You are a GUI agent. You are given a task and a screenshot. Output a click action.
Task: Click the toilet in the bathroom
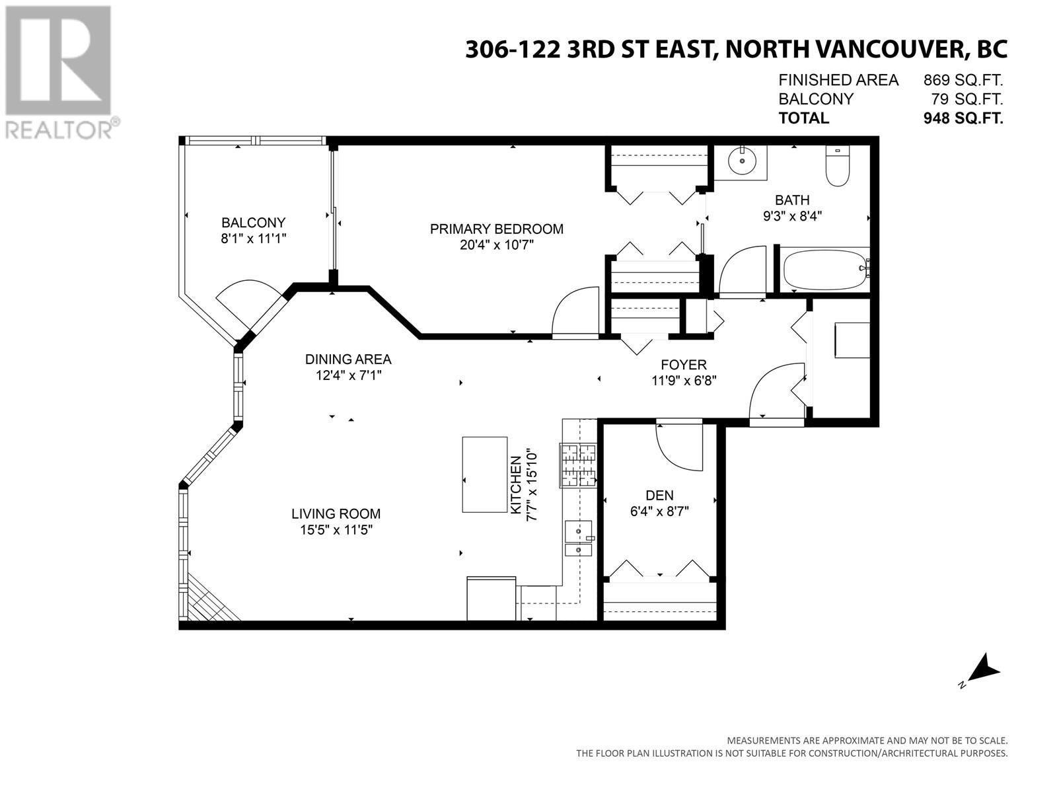838,166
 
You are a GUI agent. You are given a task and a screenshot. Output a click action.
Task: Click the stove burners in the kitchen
578,466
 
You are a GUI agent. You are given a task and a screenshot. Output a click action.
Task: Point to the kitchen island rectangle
484,474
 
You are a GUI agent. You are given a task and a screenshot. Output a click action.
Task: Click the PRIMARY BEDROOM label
497,229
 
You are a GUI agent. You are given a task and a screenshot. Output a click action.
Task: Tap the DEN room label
659,495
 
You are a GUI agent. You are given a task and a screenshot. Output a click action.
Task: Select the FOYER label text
683,365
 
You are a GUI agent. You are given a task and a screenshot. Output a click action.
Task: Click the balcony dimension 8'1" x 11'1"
253,239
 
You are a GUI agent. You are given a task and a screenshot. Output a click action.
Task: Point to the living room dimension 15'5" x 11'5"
336,530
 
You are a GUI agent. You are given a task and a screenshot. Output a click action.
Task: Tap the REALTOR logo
59,72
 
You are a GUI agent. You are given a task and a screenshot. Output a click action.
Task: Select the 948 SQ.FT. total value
963,118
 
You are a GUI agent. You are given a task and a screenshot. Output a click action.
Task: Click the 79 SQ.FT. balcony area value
967,99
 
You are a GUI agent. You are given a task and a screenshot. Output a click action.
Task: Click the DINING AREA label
348,359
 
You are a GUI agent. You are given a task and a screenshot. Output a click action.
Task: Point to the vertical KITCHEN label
516,485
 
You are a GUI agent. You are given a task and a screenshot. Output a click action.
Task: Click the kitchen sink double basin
579,538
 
